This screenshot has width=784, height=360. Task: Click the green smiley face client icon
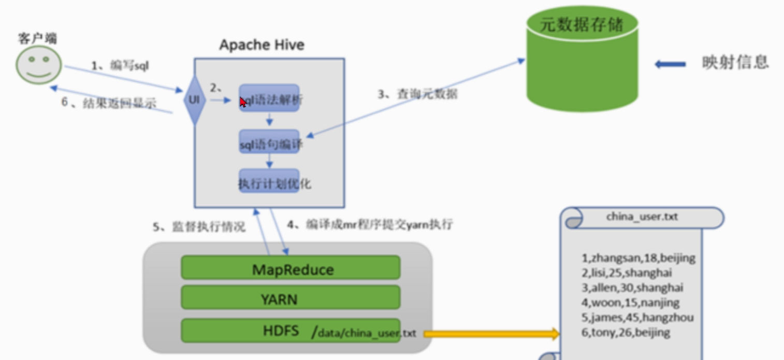click(39, 65)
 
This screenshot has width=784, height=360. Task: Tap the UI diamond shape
click(195, 99)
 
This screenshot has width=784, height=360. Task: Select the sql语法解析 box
click(270, 98)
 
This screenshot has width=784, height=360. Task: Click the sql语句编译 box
click(270, 142)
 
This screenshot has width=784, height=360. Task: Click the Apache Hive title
click(262, 45)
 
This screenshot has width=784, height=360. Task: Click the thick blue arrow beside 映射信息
click(670, 64)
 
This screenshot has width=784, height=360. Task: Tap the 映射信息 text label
click(735, 63)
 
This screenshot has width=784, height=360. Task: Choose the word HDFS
click(281, 330)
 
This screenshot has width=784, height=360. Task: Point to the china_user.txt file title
click(642, 217)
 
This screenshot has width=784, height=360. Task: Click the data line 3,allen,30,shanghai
click(632, 287)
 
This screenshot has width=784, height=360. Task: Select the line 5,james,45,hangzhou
click(637, 317)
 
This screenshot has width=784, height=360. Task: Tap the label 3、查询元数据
click(417, 94)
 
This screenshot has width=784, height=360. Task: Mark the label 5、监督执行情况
click(199, 227)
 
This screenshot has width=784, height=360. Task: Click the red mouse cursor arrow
click(242, 101)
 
